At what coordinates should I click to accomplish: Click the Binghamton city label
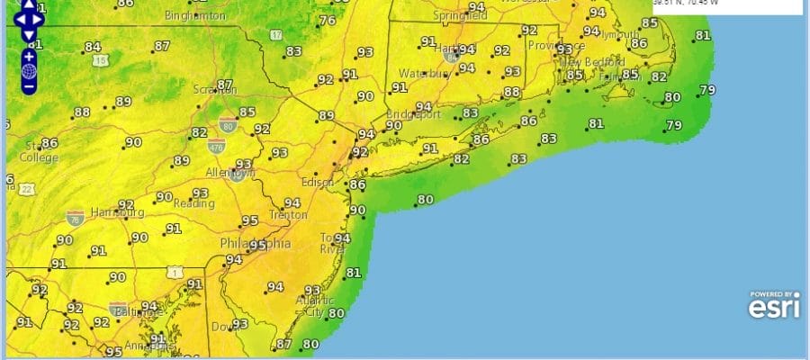[195, 16]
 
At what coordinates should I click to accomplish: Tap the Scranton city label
[214, 90]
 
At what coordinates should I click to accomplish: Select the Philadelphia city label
[256, 244]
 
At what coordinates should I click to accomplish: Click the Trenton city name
[288, 215]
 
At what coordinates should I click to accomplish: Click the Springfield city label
[461, 16]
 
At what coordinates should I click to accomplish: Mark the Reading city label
[194, 203]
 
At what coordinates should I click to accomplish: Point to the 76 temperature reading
[328, 21]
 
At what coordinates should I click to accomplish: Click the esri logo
[773, 305]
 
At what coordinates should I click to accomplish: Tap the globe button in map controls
[29, 71]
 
